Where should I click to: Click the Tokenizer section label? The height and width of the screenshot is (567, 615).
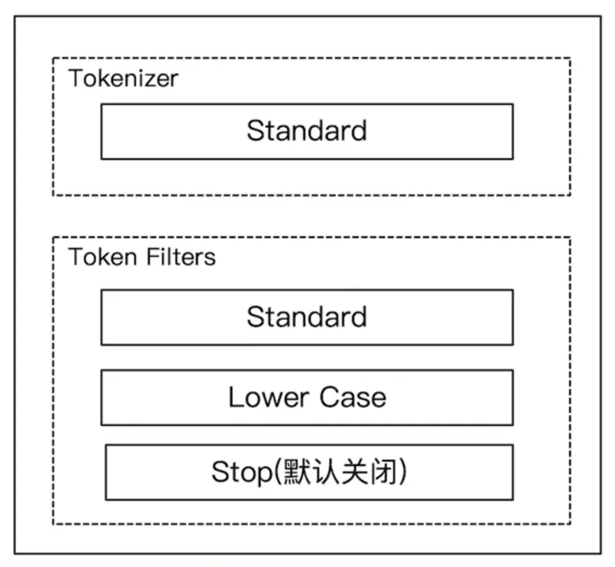(x=123, y=78)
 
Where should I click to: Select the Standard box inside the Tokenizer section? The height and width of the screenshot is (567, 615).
(x=307, y=131)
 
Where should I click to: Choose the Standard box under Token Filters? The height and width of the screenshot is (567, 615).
(x=307, y=317)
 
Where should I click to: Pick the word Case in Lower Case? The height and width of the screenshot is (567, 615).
(x=355, y=397)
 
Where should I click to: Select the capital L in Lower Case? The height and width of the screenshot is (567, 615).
(x=234, y=397)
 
